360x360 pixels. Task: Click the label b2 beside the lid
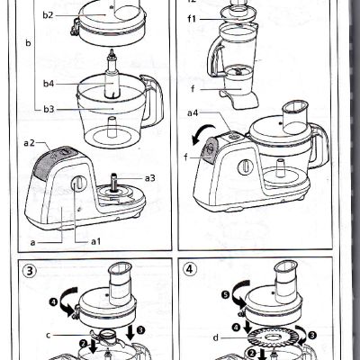click(48, 15)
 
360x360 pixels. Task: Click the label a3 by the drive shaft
click(149, 177)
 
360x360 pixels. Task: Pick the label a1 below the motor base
click(95, 241)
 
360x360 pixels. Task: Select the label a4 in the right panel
click(193, 113)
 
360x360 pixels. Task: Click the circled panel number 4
click(190, 267)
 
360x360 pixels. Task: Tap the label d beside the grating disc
click(216, 338)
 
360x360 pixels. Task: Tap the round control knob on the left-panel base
click(79, 184)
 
